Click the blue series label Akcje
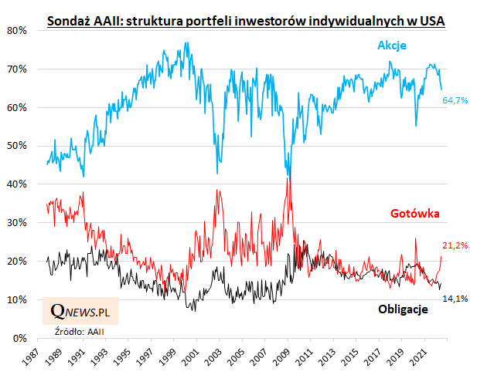point(392,46)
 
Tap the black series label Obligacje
point(403,309)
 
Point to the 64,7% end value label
point(455,101)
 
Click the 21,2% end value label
point(455,245)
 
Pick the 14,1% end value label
point(455,298)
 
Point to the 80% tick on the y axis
point(17,31)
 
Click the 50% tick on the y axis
point(17,146)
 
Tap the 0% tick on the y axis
point(20,338)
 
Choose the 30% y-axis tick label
point(17,223)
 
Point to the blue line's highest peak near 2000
point(186,43)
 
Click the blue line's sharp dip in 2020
point(416,125)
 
